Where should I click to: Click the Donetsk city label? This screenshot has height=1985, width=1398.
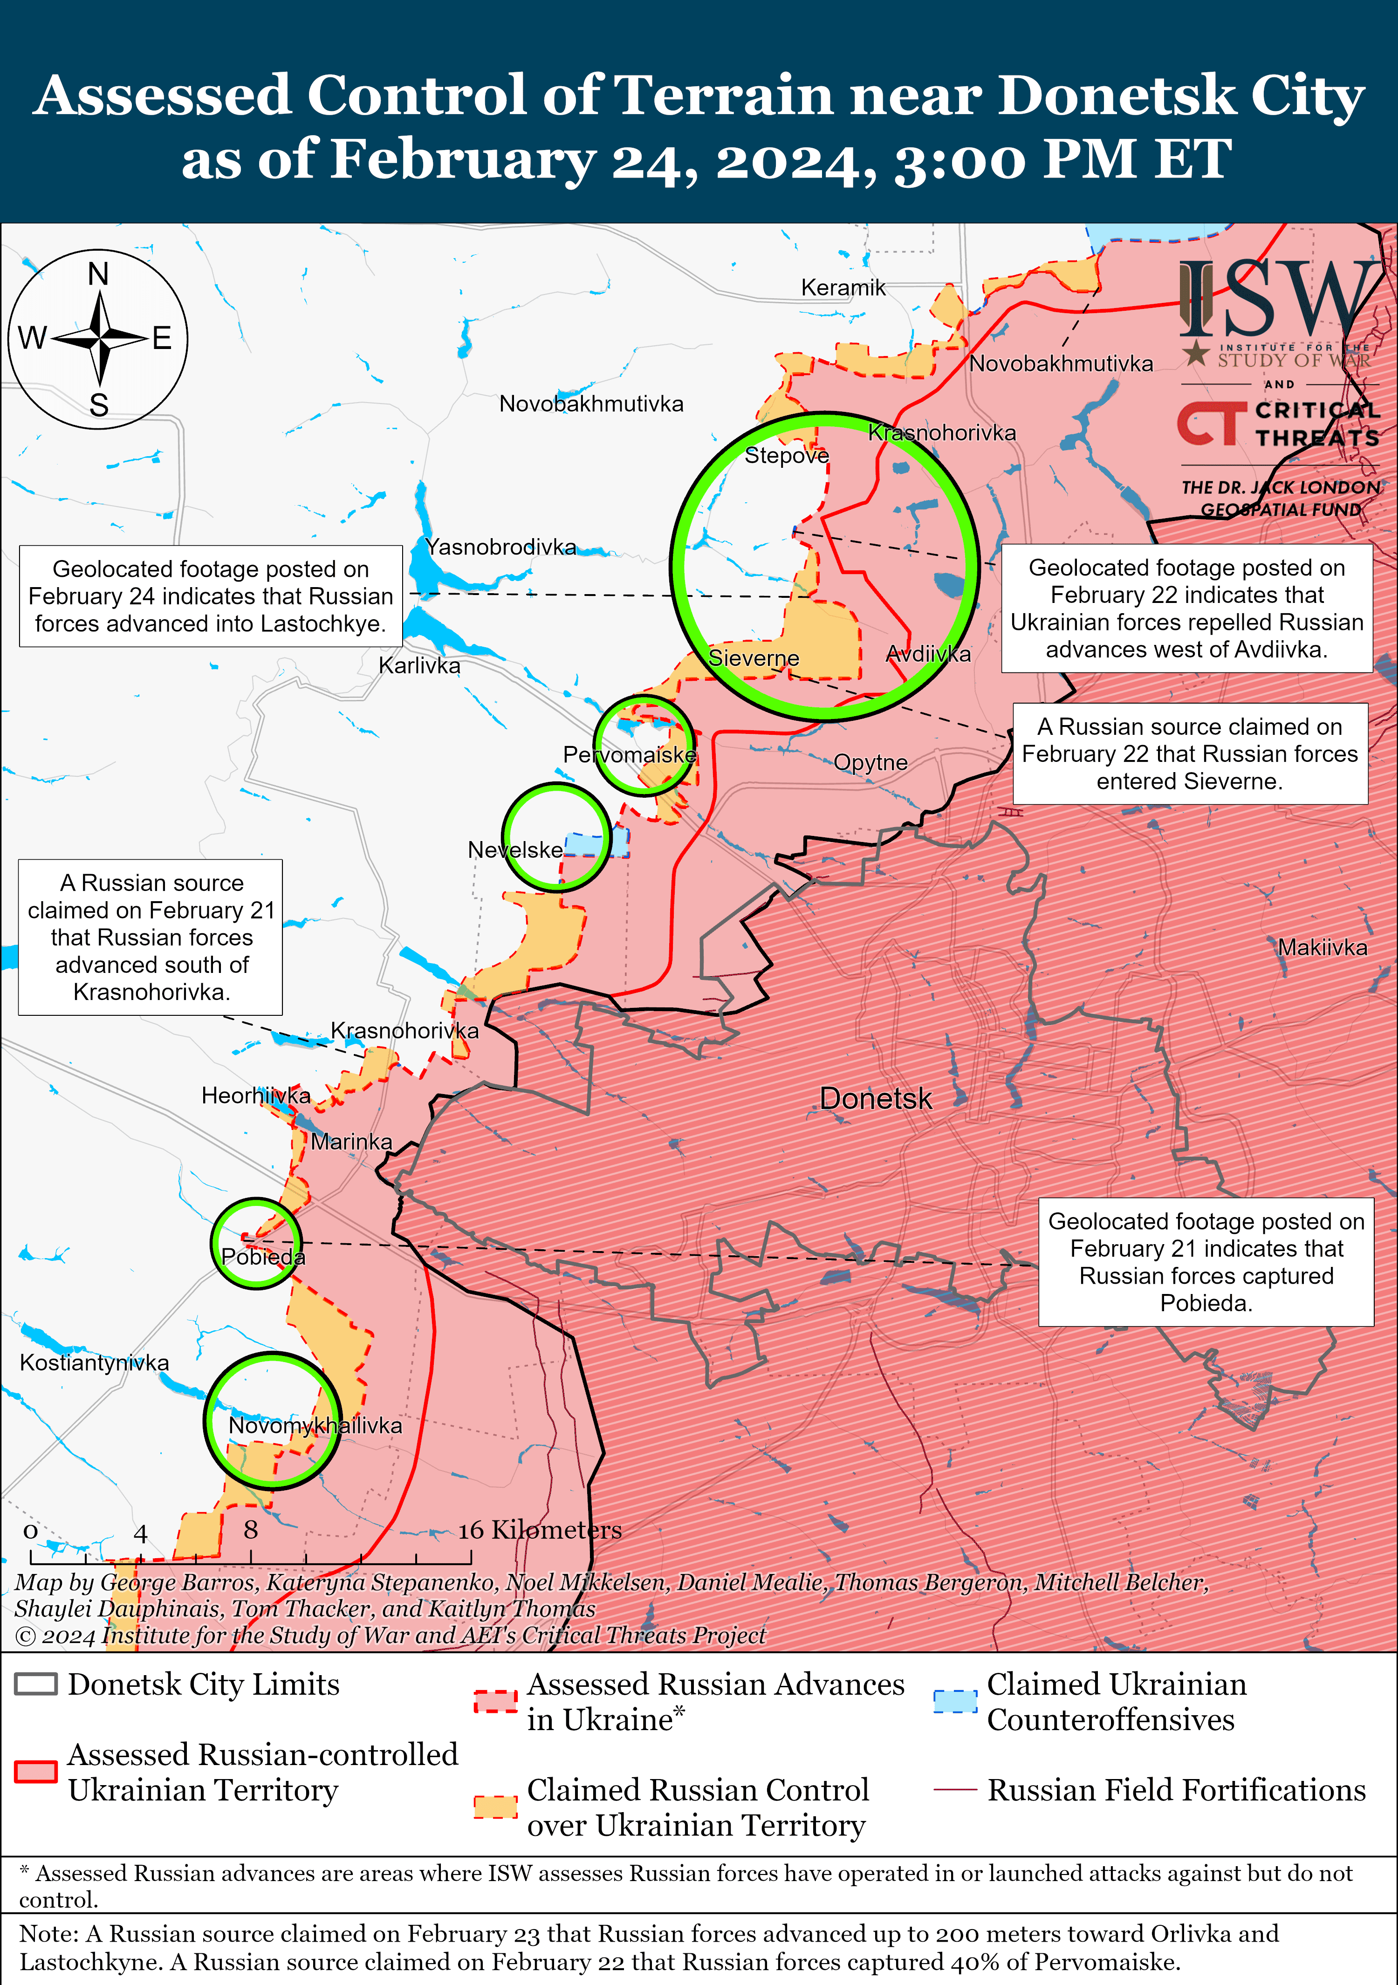pyautogui.click(x=875, y=1099)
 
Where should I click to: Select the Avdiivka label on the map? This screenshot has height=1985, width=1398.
pyautogui.click(x=928, y=655)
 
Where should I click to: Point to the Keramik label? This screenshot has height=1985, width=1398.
pyautogui.click(x=843, y=288)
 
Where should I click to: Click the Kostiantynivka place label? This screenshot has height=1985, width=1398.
pyautogui.click(x=94, y=1362)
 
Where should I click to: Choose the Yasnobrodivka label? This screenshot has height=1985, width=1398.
pyautogui.click(x=500, y=547)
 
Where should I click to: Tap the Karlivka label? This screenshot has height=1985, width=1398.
pyautogui.click(x=419, y=666)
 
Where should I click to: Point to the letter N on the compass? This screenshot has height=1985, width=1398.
pyautogui.click(x=99, y=274)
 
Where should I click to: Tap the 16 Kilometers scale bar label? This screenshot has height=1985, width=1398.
pyautogui.click(x=540, y=1530)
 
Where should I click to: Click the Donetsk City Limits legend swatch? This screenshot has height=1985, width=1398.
pyautogui.click(x=36, y=1684)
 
